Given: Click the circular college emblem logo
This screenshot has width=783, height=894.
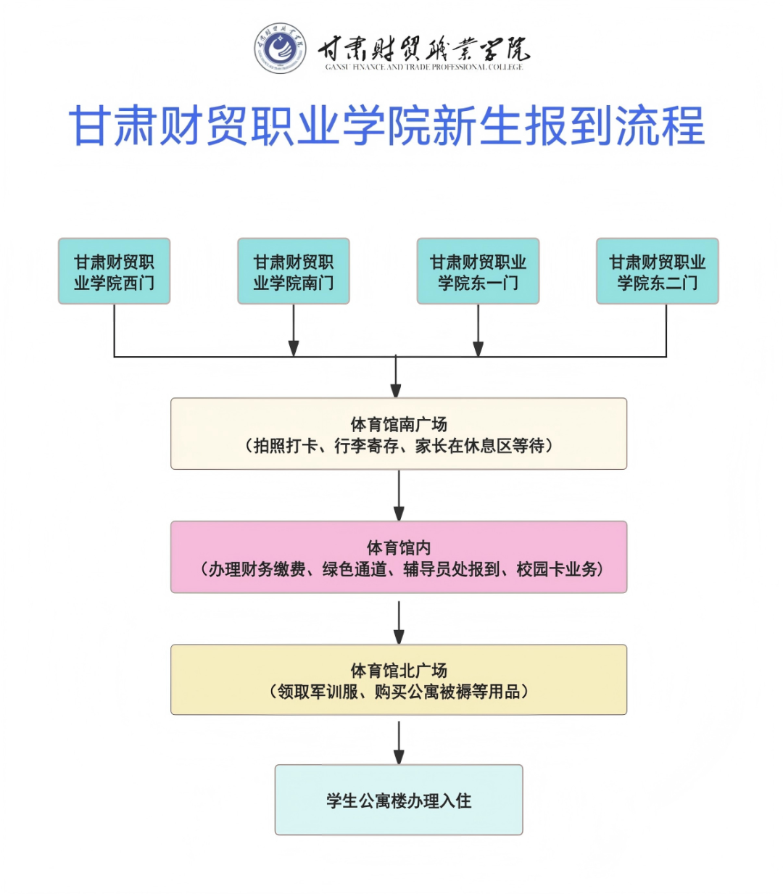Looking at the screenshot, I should [x=280, y=49].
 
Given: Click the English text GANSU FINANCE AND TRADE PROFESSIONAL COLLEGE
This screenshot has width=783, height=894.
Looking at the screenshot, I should [x=423, y=67].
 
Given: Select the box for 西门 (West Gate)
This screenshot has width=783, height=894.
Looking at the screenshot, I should [x=114, y=271].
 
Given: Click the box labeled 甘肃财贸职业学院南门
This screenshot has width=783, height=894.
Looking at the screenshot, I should [x=293, y=271].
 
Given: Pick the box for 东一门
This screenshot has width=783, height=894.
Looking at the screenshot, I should [x=478, y=271].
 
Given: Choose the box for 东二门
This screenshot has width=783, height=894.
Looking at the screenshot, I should [x=657, y=271].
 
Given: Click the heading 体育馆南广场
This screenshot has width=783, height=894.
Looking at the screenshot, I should [x=399, y=424].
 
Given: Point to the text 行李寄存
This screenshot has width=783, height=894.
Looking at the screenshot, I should [x=366, y=446].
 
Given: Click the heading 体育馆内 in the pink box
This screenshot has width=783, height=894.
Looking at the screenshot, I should [x=399, y=547].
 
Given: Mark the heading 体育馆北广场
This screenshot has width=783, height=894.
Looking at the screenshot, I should [x=399, y=671].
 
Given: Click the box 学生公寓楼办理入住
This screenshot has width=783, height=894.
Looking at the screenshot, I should [x=399, y=800].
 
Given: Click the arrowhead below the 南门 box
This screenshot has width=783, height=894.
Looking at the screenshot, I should [x=294, y=348].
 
